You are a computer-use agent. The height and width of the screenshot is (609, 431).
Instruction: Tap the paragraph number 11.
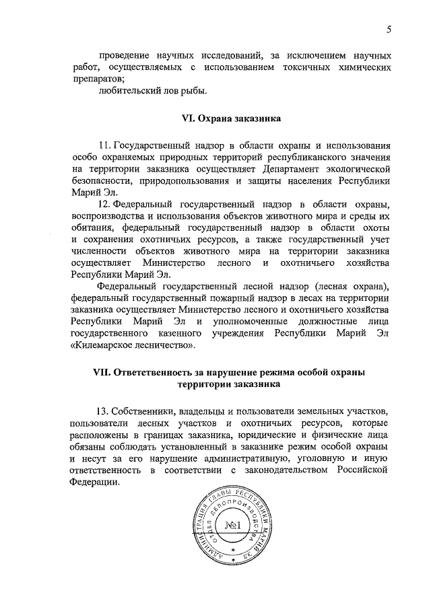pos(104,145)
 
